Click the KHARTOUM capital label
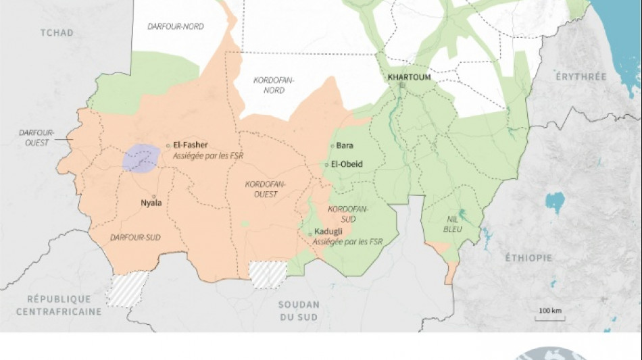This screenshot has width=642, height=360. click(x=409, y=76)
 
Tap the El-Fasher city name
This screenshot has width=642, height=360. click(x=191, y=145)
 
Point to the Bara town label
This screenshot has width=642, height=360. click(x=345, y=145)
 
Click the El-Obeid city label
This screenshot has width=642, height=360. click(x=347, y=164)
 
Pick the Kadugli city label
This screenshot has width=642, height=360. click(x=328, y=232)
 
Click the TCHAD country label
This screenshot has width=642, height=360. click(x=55, y=32)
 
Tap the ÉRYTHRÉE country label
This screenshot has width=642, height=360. click(x=581, y=77)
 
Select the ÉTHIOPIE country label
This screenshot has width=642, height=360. click(x=528, y=257)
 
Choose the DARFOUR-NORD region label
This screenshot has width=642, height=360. click(x=175, y=26)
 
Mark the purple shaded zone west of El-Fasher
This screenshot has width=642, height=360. click(x=141, y=158)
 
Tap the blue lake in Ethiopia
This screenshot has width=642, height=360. click(x=554, y=201)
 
